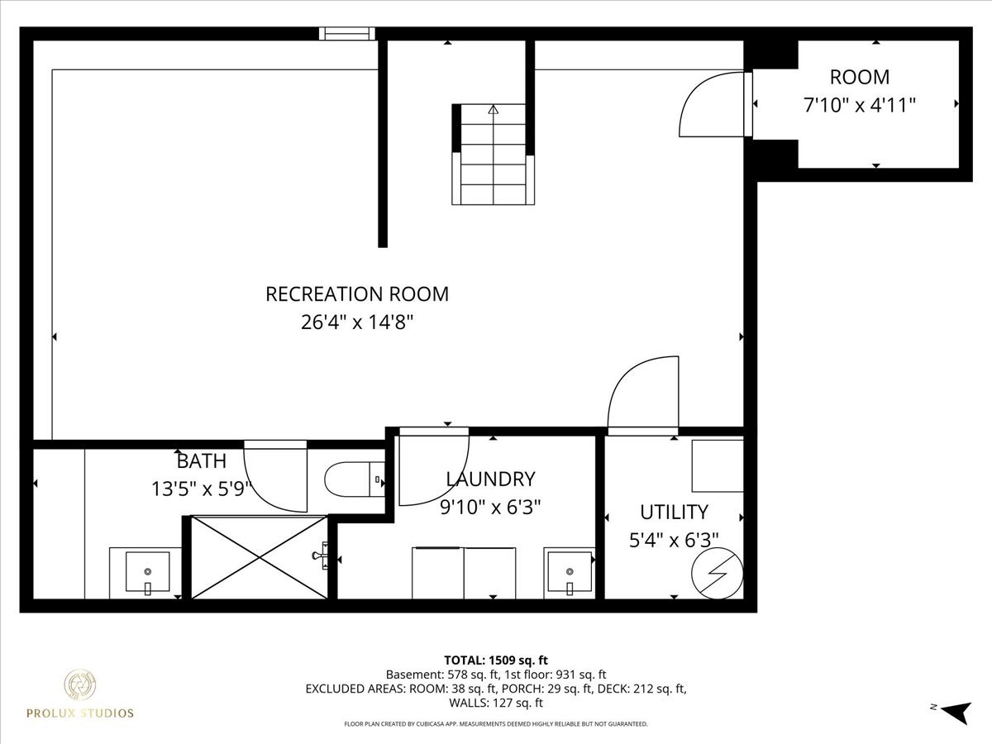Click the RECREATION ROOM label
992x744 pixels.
pos(357,294)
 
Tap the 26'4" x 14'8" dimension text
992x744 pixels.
pos(357,322)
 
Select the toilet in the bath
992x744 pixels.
pos(355,479)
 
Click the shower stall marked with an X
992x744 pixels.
pos(260,558)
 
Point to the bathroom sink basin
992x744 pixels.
pos(147,572)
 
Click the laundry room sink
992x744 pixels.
pos(570,572)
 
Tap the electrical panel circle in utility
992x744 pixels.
pos(718,573)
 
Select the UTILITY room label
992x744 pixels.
pos(674,513)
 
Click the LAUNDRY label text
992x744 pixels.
pos(490,479)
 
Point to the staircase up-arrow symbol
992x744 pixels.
pos(493,109)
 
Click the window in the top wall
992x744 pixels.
pos(347,34)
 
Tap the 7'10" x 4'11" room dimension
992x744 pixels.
pos(860,105)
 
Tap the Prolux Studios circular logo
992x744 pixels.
pos(79,684)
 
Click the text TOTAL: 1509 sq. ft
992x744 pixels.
pos(496,661)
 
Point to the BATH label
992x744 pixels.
pos(202,461)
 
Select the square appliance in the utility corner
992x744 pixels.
pos(718,465)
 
